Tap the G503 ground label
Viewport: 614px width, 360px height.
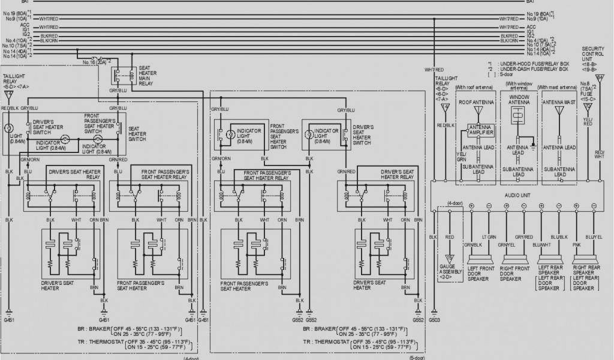(x=434, y=320)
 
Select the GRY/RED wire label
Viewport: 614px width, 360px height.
(x=523, y=238)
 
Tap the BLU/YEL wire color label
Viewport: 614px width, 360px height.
(x=594, y=238)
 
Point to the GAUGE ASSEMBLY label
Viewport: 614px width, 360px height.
(x=450, y=271)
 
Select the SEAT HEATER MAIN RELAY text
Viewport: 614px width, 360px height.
(x=148, y=76)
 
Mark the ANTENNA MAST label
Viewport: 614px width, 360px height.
(x=558, y=103)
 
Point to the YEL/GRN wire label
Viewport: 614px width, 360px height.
(x=460, y=157)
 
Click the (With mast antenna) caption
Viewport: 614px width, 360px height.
(x=558, y=87)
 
